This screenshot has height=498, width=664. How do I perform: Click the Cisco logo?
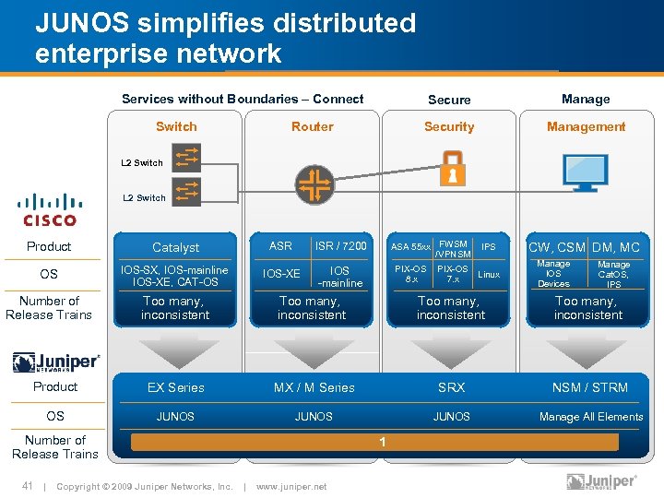(50, 209)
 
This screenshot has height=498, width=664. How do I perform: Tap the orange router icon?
(314, 184)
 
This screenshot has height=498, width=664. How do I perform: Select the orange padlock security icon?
(451, 172)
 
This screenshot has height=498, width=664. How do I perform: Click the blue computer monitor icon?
(586, 172)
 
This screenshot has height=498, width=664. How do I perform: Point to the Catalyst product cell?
(175, 247)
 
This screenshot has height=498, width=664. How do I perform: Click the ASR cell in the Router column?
(280, 246)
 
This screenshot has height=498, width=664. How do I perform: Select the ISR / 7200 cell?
(340, 246)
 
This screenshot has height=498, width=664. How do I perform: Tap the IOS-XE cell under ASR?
(281, 274)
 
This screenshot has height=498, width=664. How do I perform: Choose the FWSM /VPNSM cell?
(454, 249)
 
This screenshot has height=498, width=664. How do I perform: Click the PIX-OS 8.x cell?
(410, 274)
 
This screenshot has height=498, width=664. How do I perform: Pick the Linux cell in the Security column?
(489, 274)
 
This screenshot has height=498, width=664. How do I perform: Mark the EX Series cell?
(175, 388)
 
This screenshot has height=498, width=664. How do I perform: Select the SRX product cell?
(451, 388)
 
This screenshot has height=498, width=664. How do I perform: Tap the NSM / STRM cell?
(589, 388)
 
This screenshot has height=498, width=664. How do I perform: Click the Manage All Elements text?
(591, 417)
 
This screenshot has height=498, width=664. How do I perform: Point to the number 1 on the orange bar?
(382, 443)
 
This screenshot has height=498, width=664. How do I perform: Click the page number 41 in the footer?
(28, 486)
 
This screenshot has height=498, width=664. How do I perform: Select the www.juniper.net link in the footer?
(290, 486)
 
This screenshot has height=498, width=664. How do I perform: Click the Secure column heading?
(449, 100)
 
